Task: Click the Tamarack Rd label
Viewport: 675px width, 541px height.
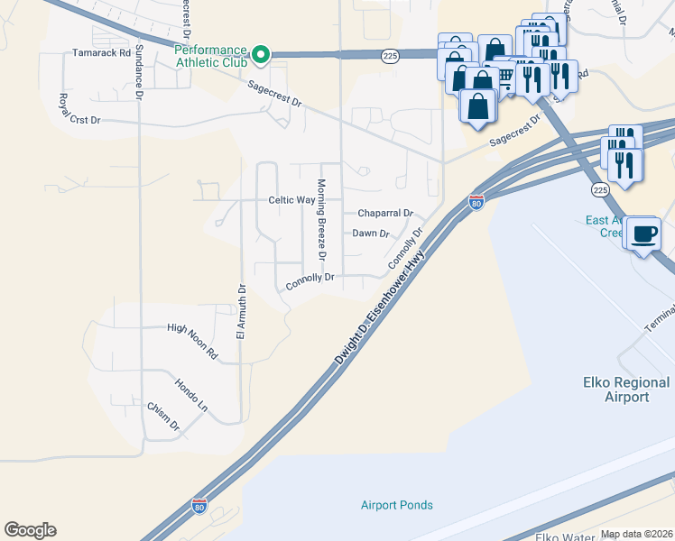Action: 95,53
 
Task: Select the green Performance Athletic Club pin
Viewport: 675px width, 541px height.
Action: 261,57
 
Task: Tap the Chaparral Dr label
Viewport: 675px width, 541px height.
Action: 385,214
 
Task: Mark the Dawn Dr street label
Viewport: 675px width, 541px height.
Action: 370,234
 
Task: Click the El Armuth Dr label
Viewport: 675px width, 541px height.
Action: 241,310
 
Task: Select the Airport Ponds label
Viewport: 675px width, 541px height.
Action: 397,505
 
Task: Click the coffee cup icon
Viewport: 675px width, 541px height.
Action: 643,234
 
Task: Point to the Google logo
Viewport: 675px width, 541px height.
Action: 30,530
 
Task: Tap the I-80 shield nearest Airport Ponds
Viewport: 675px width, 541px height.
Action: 199,507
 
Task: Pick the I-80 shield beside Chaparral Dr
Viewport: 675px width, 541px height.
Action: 476,203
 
